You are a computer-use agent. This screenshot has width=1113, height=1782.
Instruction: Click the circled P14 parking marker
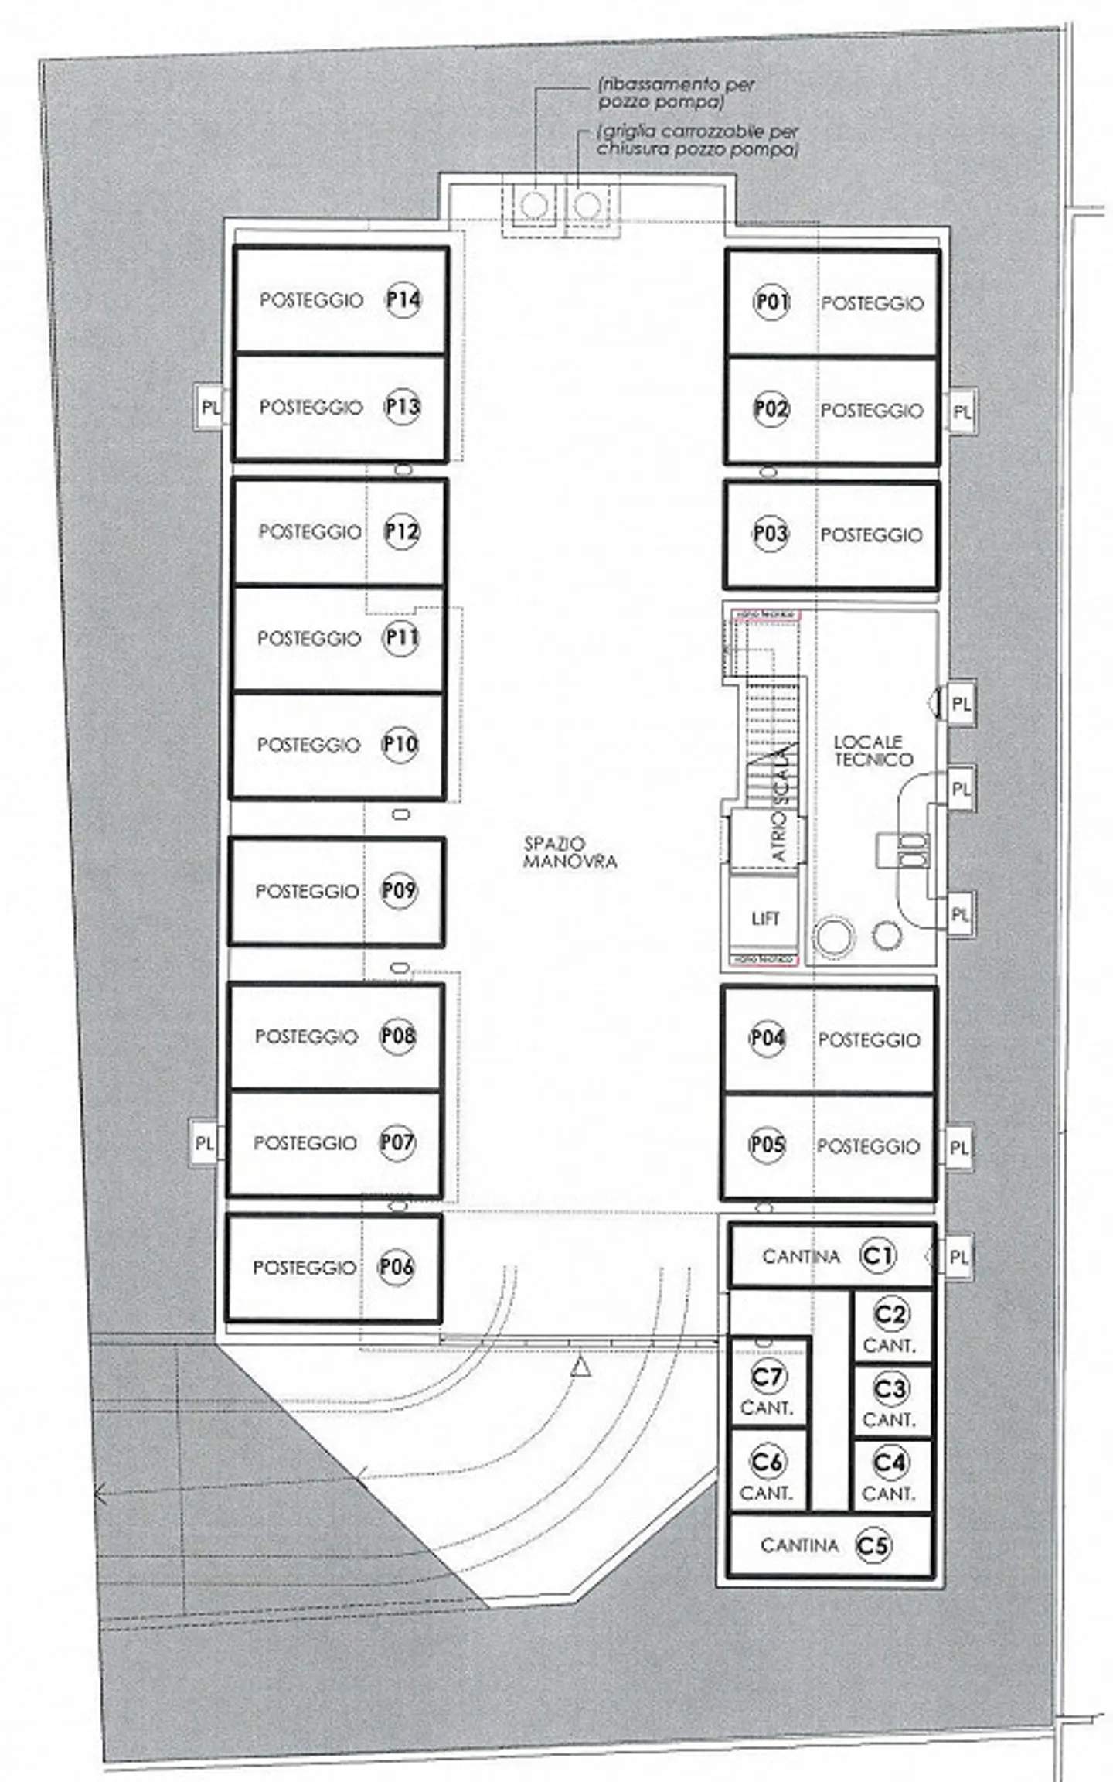[403, 299]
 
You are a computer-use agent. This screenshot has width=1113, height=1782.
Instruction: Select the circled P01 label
[771, 302]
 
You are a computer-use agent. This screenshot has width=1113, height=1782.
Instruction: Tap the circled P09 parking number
[399, 890]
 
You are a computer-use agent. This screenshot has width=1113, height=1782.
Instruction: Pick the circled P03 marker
[770, 533]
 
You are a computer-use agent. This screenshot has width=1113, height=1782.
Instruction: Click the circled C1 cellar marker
[877, 1255]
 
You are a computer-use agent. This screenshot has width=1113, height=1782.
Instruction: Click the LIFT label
[765, 918]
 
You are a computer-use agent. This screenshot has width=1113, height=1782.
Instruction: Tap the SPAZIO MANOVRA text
[570, 852]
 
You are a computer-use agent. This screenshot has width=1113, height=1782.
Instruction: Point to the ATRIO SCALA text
[780, 804]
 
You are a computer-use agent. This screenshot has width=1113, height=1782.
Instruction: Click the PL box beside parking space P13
[209, 408]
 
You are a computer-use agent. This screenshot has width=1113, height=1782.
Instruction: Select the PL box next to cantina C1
[958, 1257]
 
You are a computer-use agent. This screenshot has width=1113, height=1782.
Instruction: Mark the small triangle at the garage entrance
[581, 1367]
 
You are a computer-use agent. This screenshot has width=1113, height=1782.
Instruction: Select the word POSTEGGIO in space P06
[305, 1268]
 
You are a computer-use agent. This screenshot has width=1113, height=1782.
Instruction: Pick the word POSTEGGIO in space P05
[868, 1146]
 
